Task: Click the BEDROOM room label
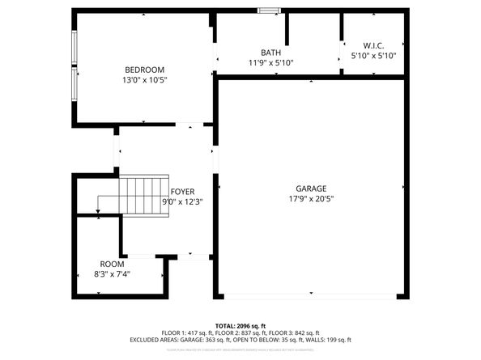pos(144,70)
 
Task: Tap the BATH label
pos(270,53)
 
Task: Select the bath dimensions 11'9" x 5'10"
pos(270,62)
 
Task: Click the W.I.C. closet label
pos(373,46)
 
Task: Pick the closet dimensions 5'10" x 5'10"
pos(373,56)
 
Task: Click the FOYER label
pos(182,192)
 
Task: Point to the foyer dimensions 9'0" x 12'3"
pos(182,201)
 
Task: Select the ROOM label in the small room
pos(112,265)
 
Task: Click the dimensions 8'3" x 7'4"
pos(112,274)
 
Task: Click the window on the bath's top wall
pos(270,11)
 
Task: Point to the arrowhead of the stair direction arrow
pos(98,212)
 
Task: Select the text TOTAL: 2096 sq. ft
pos(240,324)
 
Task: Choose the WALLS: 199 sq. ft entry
pos(328,340)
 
